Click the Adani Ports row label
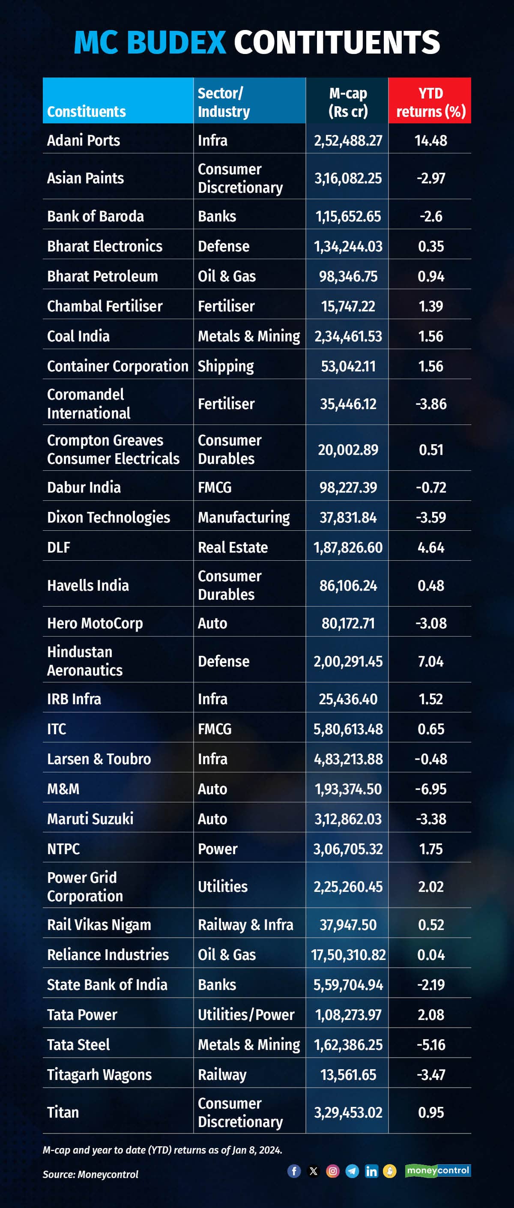[84, 140]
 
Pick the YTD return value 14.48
[430, 141]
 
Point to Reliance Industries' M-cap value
[348, 955]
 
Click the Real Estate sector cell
[233, 547]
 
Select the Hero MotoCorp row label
[95, 623]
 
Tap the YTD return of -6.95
[430, 789]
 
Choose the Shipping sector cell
[226, 366]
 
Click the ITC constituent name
[57, 729]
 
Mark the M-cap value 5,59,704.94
[348, 985]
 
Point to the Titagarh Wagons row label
[99, 1074]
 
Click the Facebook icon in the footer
[294, 1171]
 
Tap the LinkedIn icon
[371, 1171]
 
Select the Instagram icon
[332, 1171]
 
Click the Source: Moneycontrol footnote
[90, 1174]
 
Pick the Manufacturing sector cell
[243, 517]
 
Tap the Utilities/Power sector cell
[246, 1015]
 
